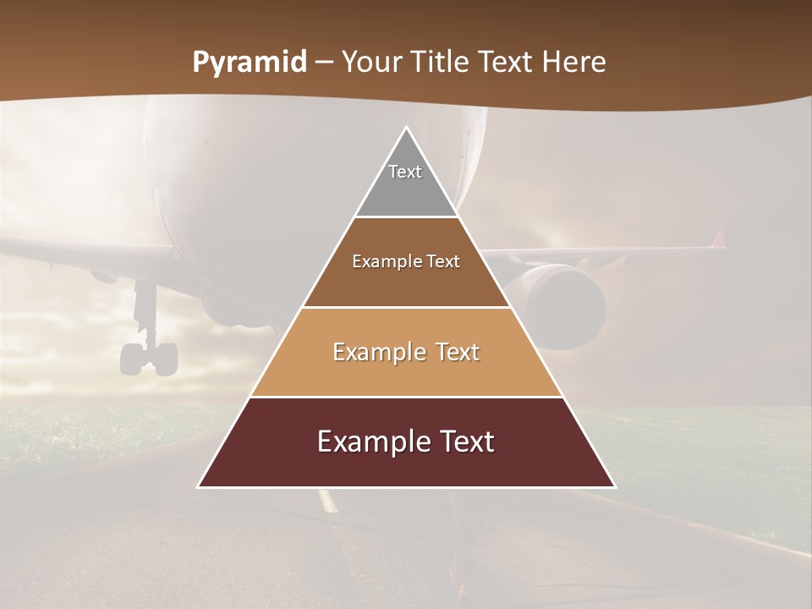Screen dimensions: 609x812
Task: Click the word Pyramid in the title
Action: [249, 63]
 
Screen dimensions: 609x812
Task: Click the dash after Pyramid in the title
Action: [323, 63]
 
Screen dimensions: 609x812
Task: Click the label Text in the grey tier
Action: [405, 172]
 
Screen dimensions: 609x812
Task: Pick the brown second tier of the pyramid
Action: [406, 283]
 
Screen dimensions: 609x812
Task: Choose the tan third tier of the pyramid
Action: [406, 372]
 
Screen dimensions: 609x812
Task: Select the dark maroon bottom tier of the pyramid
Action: [406, 465]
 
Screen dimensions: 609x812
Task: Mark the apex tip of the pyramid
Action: [406, 128]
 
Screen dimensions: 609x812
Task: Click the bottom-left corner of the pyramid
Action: [200, 486]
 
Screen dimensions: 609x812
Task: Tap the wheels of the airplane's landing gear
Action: [149, 358]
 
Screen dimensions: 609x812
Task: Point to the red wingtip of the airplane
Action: [719, 239]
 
